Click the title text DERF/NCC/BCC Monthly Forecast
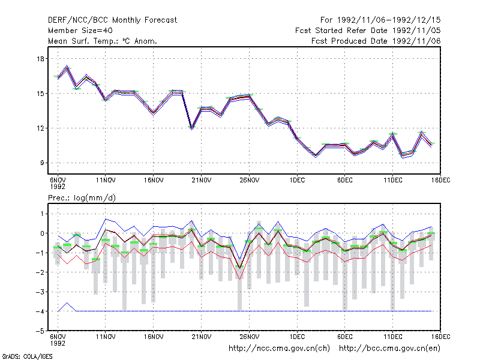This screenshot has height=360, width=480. coord(112,20)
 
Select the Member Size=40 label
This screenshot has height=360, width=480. coord(80,31)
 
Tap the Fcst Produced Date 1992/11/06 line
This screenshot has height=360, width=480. coord(376,41)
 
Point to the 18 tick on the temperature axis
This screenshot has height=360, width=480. coord(40,59)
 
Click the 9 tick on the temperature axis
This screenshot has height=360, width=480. coord(42,163)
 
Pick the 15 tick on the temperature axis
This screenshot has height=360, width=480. coord(40,94)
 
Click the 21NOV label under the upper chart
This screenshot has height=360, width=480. coord(202,181)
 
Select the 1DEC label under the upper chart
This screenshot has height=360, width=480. coord(297,181)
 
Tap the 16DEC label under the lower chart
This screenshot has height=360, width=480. coord(440,337)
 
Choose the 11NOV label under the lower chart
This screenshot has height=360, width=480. coord(106,337)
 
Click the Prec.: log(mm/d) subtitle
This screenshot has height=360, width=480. coord(82,198)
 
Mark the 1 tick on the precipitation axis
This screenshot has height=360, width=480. coord(42,214)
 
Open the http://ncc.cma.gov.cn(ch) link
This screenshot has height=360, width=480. coord(279,349)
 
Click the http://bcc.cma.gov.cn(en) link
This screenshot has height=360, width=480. coord(389,349)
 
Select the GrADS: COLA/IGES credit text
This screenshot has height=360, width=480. coord(27,356)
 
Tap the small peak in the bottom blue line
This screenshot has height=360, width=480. coord(67,303)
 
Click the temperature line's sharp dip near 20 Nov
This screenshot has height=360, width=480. coord(192,128)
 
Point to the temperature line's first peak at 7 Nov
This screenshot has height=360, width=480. coord(67,67)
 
